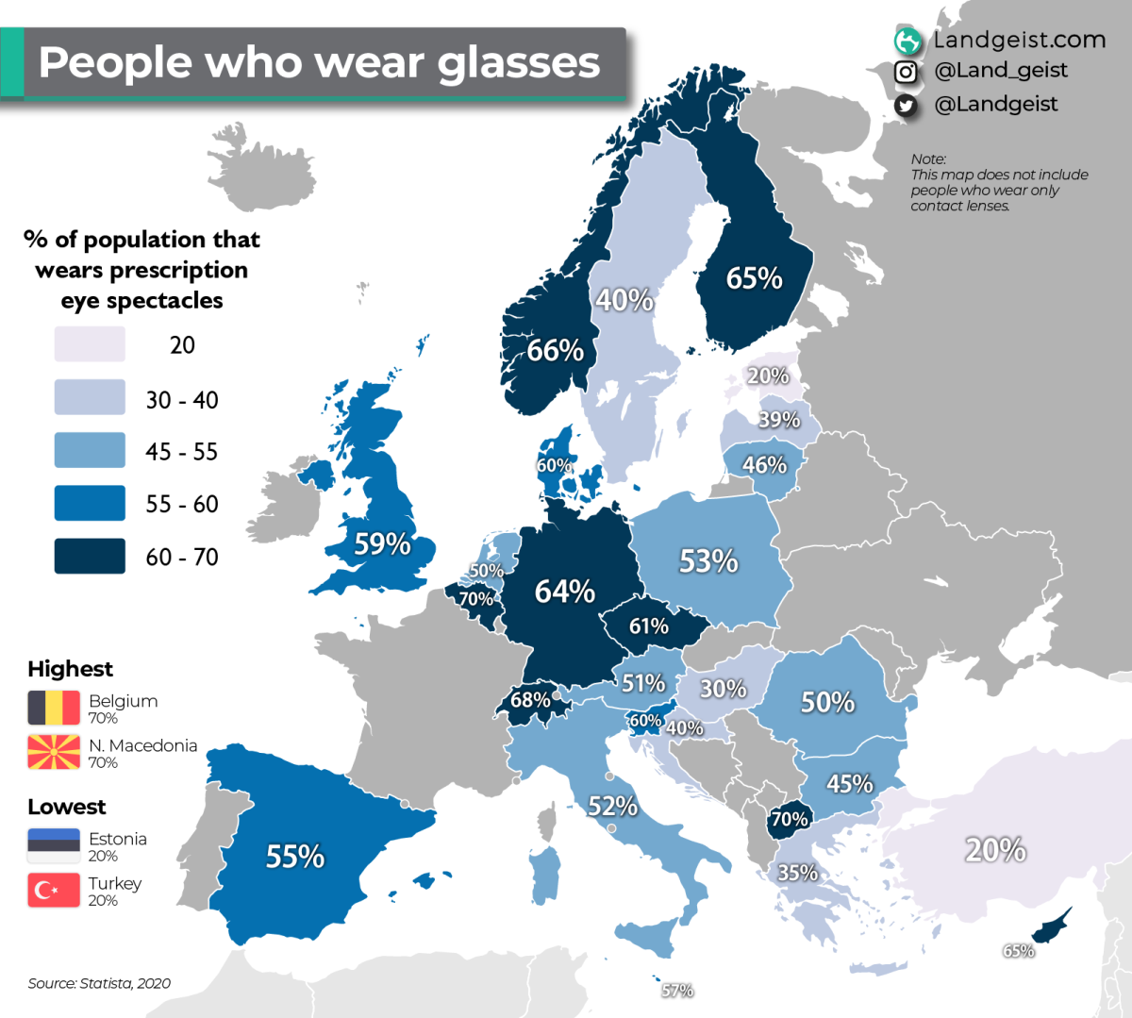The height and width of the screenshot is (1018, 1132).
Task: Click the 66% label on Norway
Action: (x=555, y=351)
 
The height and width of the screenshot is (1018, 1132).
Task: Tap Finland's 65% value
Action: (x=754, y=278)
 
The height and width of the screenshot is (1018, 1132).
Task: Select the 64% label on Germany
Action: (x=564, y=592)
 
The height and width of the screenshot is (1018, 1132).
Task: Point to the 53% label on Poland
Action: (x=708, y=561)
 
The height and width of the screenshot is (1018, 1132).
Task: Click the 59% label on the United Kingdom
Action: (x=382, y=544)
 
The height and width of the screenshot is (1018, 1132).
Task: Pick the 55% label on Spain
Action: (x=294, y=857)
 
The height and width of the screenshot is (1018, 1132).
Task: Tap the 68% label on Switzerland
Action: (x=530, y=700)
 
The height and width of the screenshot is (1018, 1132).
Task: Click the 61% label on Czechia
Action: (x=649, y=626)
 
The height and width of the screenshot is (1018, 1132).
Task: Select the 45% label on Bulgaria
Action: (x=849, y=784)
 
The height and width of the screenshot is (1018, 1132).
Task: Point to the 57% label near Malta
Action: (x=677, y=991)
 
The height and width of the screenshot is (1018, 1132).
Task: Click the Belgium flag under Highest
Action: (x=54, y=708)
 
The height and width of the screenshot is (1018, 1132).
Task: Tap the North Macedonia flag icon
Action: (x=54, y=752)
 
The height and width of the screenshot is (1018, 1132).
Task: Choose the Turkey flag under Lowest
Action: (x=54, y=890)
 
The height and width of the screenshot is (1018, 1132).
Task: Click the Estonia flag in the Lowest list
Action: (x=54, y=845)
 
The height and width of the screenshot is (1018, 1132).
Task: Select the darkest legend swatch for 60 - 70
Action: (x=90, y=557)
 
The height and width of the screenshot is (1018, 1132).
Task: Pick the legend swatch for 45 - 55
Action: (x=90, y=451)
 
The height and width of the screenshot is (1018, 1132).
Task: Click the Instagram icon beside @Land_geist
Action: (x=906, y=72)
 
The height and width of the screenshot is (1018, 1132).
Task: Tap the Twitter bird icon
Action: (x=906, y=106)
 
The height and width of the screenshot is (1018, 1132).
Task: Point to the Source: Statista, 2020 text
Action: (x=99, y=983)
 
